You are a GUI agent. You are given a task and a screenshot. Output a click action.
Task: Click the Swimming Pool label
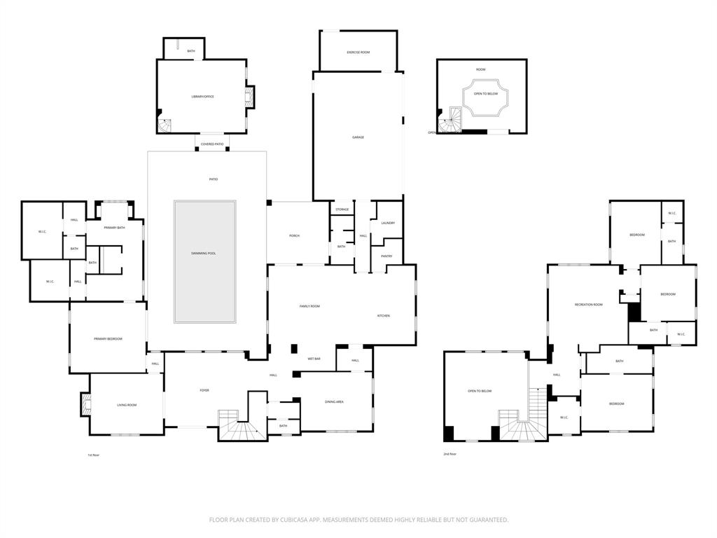[204, 253]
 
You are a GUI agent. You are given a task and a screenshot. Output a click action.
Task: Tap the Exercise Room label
[358, 53]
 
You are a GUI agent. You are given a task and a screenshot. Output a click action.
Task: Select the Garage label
[358, 137]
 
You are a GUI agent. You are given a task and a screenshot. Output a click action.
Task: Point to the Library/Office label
[202, 97]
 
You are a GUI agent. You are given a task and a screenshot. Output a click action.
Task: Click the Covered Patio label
[212, 144]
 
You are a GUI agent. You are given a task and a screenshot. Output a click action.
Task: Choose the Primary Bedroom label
[108, 339]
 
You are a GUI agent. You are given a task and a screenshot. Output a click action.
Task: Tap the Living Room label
[126, 405]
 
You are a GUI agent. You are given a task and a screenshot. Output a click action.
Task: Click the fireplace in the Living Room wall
[86, 405]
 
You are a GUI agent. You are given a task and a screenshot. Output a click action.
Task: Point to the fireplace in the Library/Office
[249, 96]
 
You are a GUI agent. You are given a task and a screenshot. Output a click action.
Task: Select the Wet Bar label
[314, 359]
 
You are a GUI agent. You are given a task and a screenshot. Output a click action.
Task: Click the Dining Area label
[334, 402]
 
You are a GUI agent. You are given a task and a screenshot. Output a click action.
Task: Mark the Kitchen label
[384, 316]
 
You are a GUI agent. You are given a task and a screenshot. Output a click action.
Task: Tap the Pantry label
[387, 256]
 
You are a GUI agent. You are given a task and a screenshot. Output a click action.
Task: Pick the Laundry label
[388, 223]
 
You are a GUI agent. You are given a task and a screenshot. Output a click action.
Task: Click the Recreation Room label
[588, 305]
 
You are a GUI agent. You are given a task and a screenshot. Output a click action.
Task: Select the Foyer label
[204, 391]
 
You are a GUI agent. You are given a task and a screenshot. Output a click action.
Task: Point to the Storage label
[342, 209]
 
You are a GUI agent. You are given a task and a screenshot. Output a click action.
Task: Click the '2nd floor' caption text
[450, 455]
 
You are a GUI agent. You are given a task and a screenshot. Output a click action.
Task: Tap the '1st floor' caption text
[94, 455]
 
